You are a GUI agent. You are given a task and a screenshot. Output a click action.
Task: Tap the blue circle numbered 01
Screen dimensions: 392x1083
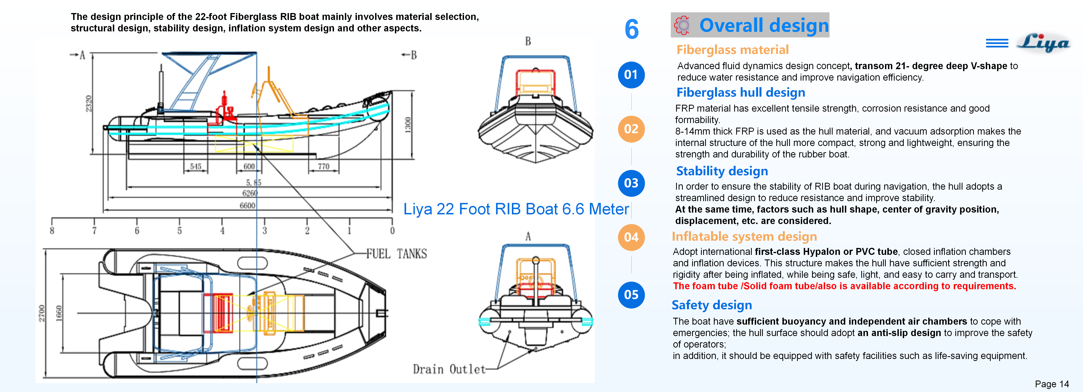(631, 75)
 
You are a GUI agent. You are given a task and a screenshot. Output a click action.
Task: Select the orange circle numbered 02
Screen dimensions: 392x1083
(631, 129)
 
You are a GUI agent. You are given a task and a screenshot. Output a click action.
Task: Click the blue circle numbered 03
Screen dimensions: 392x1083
(631, 183)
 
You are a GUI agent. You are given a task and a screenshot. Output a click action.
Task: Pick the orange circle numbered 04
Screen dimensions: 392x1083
(631, 237)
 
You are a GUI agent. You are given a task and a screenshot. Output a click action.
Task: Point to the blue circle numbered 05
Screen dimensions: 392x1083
(631, 295)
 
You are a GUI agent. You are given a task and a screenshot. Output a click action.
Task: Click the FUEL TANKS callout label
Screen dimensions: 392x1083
(396, 254)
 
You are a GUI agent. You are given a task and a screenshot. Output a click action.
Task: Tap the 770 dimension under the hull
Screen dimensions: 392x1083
(323, 166)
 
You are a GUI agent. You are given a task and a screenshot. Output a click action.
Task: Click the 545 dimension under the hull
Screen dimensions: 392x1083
(195, 166)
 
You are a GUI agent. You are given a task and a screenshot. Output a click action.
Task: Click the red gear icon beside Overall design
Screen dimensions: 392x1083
(682, 25)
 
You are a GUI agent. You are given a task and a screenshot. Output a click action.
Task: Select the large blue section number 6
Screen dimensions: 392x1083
(631, 29)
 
